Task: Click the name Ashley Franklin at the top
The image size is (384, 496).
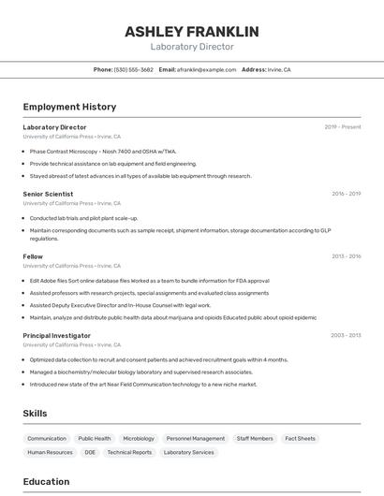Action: pyautogui.click(x=192, y=32)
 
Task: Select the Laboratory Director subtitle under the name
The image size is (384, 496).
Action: pyautogui.click(x=192, y=47)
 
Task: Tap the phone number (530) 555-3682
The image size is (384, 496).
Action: pyautogui.click(x=134, y=70)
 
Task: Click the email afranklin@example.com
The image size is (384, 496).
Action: pyautogui.click(x=206, y=70)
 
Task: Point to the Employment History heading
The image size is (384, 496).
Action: pyautogui.click(x=69, y=107)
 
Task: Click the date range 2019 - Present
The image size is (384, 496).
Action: pyautogui.click(x=343, y=126)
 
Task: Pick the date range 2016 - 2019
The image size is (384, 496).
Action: pyautogui.click(x=346, y=194)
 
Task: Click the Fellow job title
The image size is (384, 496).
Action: pyautogui.click(x=33, y=255)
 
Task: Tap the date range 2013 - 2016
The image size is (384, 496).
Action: pyautogui.click(x=346, y=255)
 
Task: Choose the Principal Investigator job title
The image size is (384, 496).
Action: pyautogui.click(x=56, y=335)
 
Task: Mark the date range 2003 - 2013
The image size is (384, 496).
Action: pyautogui.click(x=346, y=335)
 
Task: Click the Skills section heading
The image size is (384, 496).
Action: pyautogui.click(x=36, y=413)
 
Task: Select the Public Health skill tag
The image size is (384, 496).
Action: pyautogui.click(x=94, y=438)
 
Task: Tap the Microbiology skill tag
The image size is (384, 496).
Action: pyautogui.click(x=139, y=438)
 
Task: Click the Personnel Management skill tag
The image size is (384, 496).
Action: pyautogui.click(x=196, y=438)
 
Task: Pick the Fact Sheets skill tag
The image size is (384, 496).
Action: pyautogui.click(x=300, y=438)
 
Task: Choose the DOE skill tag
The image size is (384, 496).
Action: pyautogui.click(x=90, y=452)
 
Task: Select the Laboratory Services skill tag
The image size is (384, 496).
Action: pyautogui.click(x=188, y=452)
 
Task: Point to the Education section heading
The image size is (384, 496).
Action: pyautogui.click(x=47, y=482)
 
